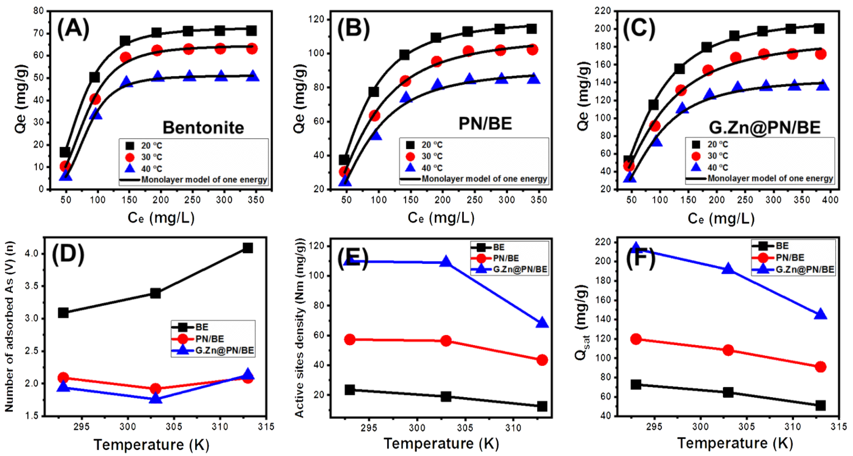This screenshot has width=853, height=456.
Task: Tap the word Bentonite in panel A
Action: pos(203,127)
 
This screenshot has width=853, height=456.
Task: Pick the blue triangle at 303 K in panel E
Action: pos(446,262)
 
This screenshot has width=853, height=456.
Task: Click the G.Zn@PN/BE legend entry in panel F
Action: pos(798,269)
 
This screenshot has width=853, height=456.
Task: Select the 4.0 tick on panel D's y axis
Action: pos(32,254)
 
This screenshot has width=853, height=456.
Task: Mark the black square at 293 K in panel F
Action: pos(636,384)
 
